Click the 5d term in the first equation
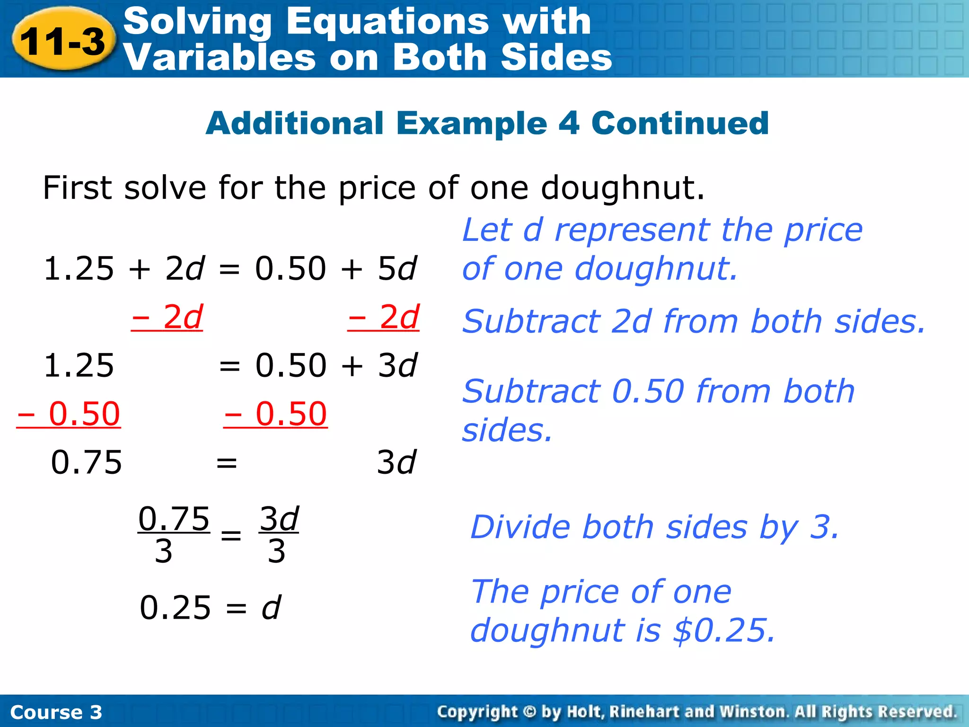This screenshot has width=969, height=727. point(397,268)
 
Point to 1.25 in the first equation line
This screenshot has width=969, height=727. point(79,268)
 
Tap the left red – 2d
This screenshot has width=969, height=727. point(167,317)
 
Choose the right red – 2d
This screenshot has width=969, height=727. point(383,317)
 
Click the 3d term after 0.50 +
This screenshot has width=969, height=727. point(397,365)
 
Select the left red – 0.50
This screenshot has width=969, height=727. point(69,414)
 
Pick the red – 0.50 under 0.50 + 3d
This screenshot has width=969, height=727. point(275,414)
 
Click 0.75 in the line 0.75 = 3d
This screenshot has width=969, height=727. point(86,462)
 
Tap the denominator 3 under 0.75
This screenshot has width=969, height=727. point(164,552)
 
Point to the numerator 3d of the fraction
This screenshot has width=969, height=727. point(279,519)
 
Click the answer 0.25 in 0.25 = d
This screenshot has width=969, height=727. point(175,608)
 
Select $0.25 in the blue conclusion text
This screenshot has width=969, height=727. point(724,630)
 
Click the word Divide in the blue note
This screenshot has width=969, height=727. point(520,527)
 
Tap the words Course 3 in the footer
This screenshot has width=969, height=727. point(56,712)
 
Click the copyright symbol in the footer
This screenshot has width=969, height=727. point(529,712)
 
